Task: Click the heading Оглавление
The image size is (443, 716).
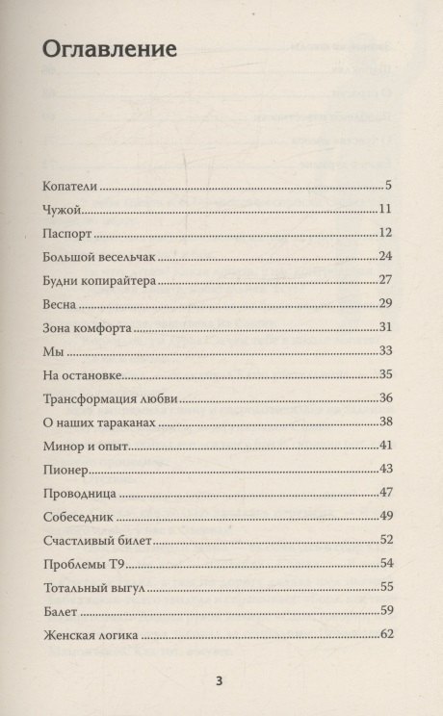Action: point(110,50)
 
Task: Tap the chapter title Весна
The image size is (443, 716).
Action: point(63,304)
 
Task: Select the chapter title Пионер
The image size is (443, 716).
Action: point(66,469)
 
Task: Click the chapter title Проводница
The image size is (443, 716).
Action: point(80,493)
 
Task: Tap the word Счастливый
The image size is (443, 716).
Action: point(83,540)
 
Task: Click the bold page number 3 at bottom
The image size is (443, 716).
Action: point(220,682)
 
